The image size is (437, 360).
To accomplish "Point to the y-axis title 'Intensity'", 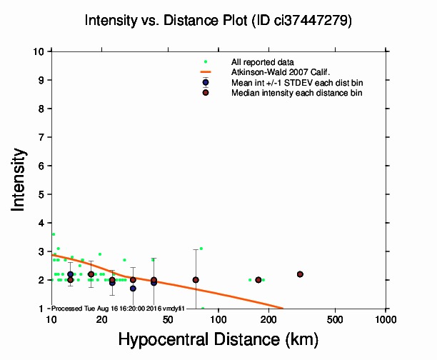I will [x=20, y=179].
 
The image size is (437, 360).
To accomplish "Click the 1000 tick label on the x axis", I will [x=386, y=319].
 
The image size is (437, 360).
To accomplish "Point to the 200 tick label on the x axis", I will [x=268, y=319].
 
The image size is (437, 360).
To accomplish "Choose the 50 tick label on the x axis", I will [x=168, y=319].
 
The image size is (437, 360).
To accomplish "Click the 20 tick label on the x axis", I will [x=101, y=319].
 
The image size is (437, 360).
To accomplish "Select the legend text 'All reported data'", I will [x=262, y=62].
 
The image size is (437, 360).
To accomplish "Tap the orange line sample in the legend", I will [x=206, y=72].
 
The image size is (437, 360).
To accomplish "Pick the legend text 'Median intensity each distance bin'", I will [x=297, y=93].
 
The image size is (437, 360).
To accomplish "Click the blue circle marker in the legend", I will [x=206, y=82].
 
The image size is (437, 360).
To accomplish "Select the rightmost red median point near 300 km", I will [x=300, y=274].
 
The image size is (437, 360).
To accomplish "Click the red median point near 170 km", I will [x=258, y=279].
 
